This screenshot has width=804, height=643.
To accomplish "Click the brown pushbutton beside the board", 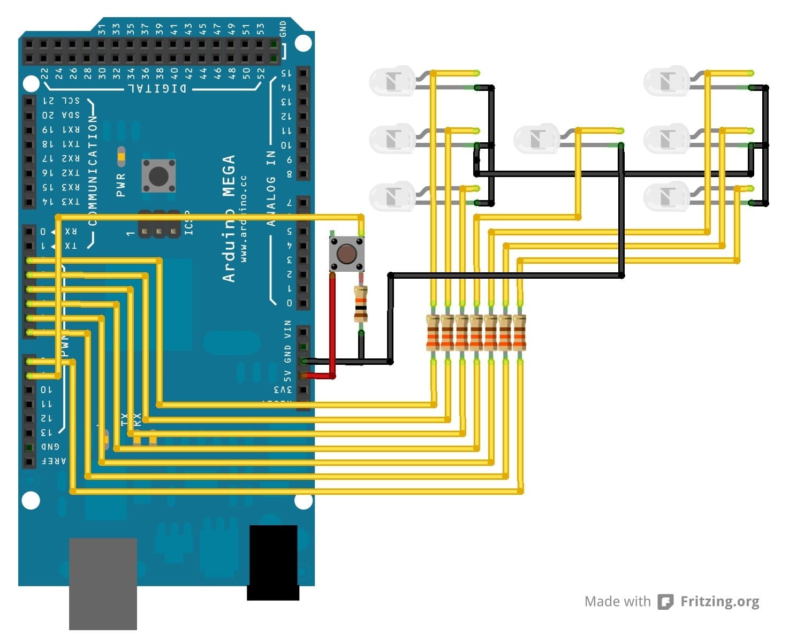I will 347,253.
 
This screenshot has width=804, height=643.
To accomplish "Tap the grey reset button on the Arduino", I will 158,175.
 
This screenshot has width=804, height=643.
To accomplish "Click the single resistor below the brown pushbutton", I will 361,304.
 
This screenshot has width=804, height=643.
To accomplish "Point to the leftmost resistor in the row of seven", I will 433,333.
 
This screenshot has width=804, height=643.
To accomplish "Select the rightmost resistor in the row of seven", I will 519,333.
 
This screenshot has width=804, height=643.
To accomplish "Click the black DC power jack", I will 272,562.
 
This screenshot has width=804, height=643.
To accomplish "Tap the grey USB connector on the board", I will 103,583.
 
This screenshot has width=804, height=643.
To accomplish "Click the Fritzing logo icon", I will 665,602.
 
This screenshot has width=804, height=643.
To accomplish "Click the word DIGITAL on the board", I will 158,88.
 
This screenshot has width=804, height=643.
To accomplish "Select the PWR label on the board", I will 120,185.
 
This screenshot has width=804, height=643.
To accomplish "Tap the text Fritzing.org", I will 719,602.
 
